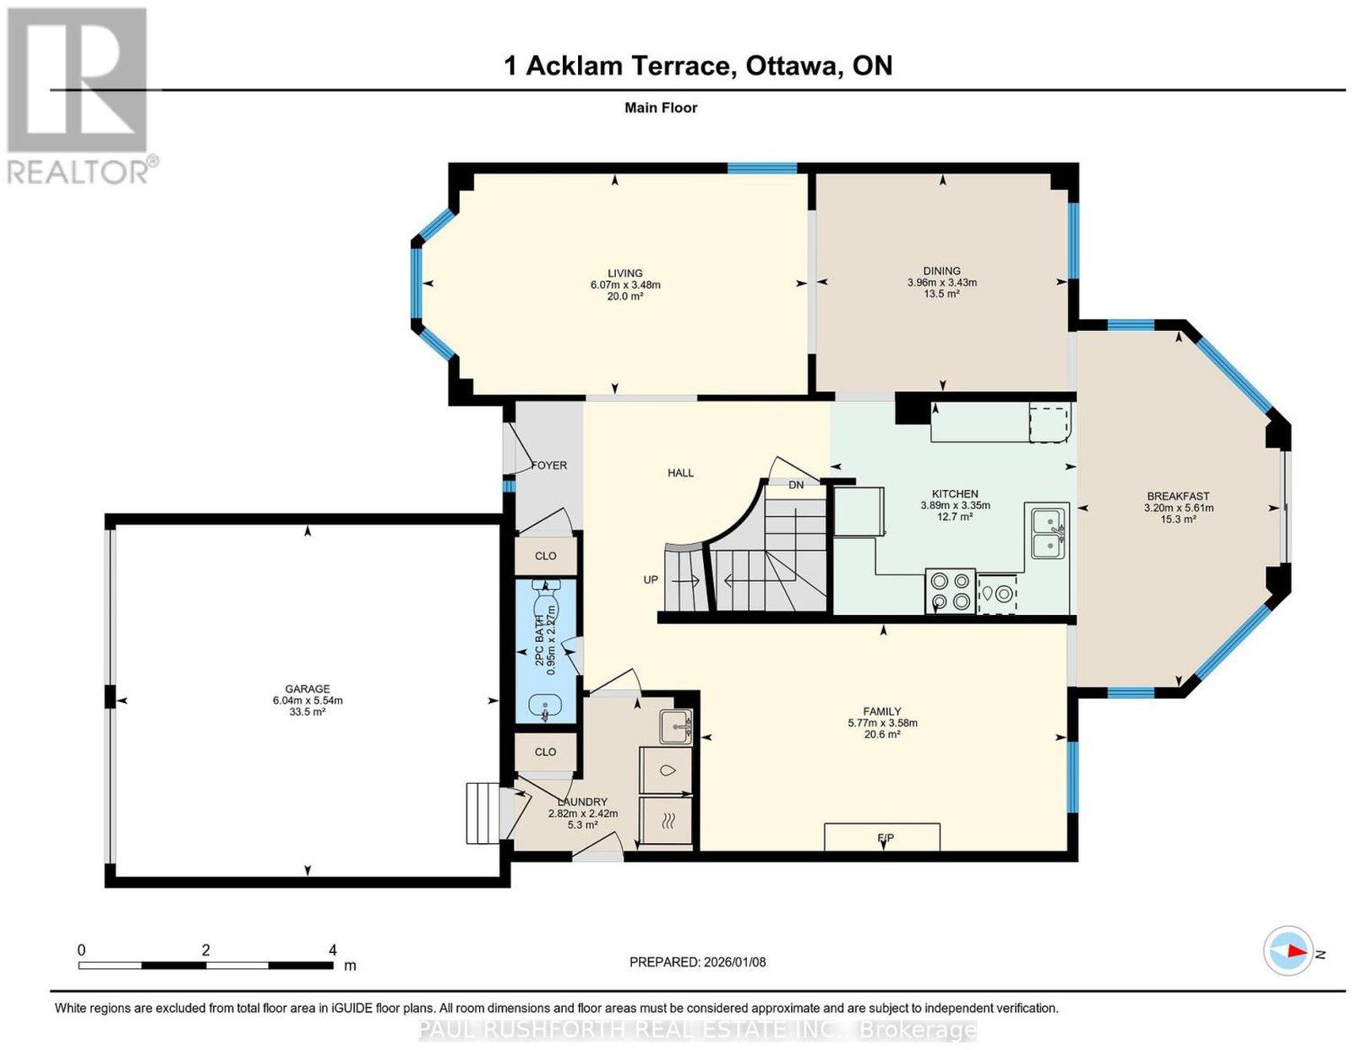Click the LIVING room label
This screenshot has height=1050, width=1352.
[x=624, y=273]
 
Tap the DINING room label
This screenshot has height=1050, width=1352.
[x=941, y=270]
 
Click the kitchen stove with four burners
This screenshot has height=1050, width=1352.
[x=950, y=591]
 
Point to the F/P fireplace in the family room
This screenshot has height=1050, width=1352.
[x=881, y=837]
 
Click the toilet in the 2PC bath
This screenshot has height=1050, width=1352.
[x=546, y=599]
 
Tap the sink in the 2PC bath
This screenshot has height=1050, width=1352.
[x=545, y=705]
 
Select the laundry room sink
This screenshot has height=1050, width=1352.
[x=676, y=726]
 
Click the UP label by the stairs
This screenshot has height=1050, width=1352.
[x=651, y=580]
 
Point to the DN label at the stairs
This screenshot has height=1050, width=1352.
[x=796, y=485]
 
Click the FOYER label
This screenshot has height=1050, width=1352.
[x=548, y=465]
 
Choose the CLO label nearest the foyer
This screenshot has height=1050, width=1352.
[x=546, y=556]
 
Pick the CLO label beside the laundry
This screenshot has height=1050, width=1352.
[x=546, y=752]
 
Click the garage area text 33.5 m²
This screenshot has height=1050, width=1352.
[x=307, y=712]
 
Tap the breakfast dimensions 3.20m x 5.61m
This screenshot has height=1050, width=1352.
[x=1179, y=508]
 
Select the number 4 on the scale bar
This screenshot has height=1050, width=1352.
[x=333, y=950]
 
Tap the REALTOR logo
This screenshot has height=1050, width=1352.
[x=79, y=96]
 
